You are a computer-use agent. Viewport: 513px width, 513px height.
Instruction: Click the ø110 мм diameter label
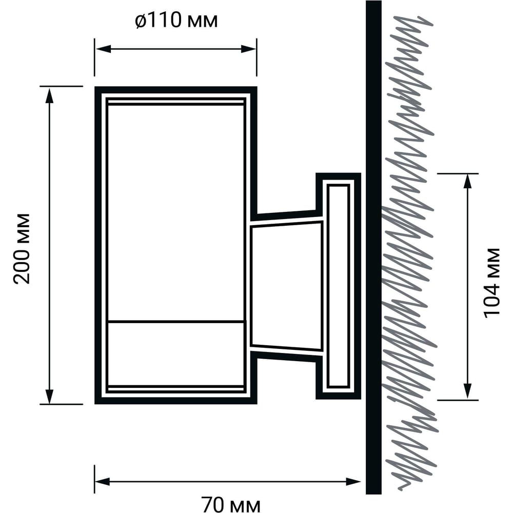(x=176, y=21)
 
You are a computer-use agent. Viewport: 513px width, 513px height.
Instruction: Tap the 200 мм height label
(x=22, y=248)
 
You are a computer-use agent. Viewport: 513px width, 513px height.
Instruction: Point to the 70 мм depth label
(x=231, y=504)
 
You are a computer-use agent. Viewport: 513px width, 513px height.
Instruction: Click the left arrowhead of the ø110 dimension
(x=102, y=49)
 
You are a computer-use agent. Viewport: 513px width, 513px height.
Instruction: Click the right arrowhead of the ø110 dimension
(x=249, y=49)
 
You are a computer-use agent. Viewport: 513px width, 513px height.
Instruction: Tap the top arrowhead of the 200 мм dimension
(x=49, y=95)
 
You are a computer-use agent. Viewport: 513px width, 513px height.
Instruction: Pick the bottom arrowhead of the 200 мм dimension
(x=49, y=396)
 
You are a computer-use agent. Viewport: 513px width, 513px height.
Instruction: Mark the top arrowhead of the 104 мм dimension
(x=468, y=182)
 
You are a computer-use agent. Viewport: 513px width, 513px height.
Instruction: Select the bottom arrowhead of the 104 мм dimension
(x=468, y=391)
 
